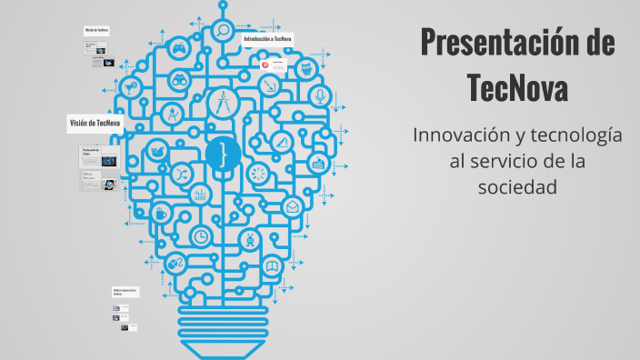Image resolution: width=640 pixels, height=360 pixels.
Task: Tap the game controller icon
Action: tap(180, 50)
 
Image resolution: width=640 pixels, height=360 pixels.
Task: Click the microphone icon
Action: tap(318, 95)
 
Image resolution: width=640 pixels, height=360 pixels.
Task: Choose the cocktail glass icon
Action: tap(134, 89)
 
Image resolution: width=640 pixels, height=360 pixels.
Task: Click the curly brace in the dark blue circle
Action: tap(221, 152)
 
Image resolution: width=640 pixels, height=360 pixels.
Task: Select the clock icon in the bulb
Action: tap(201, 235)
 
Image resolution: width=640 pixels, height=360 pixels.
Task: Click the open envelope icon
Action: tap(292, 207)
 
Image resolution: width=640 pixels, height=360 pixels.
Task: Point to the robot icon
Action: tap(247, 239)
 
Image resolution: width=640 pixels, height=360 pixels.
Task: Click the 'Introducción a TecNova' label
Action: tap(268, 40)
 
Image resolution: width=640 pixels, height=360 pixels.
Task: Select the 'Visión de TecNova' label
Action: tap(95, 123)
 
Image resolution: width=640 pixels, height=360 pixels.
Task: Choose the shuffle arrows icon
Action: tap(182, 175)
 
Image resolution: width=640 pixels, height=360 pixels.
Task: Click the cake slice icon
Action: tap(317, 164)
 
